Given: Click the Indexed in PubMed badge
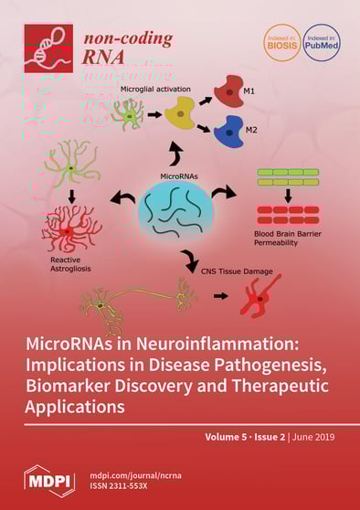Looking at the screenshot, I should [x=321, y=43].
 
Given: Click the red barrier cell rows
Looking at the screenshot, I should [x=287, y=216].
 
